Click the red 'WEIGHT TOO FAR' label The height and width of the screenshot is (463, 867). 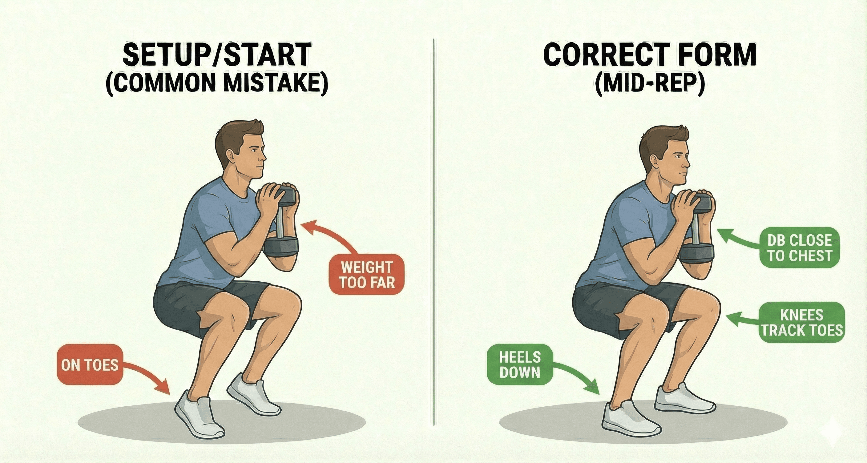point(366,275)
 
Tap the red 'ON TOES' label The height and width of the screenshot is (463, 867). point(90,365)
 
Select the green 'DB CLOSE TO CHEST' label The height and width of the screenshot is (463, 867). point(799,248)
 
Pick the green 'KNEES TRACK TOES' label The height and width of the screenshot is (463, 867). point(802,323)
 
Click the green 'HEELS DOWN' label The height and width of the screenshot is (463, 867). point(520,365)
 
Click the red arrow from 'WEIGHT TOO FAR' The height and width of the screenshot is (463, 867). point(332,236)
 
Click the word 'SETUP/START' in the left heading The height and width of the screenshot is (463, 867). point(216,55)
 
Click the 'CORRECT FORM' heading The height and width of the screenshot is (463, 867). point(650,55)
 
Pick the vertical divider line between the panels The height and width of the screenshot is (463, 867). point(434,236)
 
